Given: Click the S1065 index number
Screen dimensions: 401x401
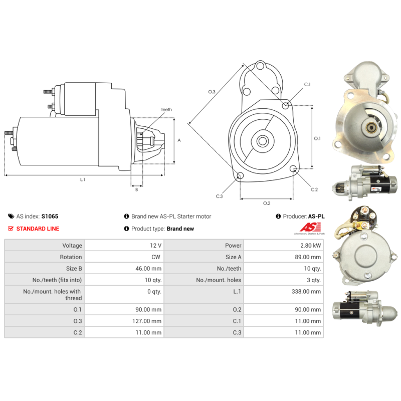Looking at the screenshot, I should [50, 217].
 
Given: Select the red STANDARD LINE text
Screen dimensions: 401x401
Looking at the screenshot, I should [38, 229].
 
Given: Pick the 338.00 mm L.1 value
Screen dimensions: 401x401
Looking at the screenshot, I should [307, 291].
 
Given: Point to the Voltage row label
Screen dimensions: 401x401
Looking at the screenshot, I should [72, 246].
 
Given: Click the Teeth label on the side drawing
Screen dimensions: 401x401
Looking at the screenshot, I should [166, 109].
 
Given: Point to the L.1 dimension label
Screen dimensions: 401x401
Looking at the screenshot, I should [83, 180].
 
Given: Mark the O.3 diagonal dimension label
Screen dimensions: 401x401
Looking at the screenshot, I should [212, 92].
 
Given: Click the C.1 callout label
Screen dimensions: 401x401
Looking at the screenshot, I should [307, 85].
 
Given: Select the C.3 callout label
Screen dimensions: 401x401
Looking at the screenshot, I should [220, 196].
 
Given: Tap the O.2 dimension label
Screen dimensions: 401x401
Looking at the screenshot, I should [267, 203].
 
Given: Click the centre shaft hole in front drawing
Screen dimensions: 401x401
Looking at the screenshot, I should [262, 141].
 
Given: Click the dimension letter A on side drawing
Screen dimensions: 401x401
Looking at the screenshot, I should [179, 140].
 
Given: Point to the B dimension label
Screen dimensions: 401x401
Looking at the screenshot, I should [136, 189].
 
